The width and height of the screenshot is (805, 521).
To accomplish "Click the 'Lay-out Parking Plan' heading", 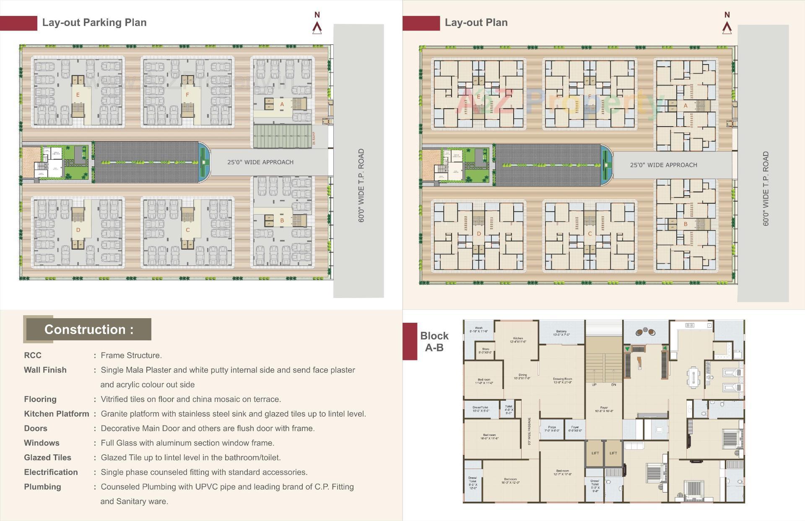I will [x=94, y=23].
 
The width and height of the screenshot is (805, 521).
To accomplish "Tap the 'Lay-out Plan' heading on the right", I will [x=476, y=23].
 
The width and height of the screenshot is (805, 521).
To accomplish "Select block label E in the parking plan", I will [x=78, y=95].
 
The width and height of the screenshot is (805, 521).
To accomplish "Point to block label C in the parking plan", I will [x=187, y=230].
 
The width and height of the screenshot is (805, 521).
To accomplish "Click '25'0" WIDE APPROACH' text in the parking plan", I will [x=260, y=162].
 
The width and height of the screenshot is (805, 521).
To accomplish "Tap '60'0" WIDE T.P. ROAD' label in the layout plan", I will [x=766, y=189].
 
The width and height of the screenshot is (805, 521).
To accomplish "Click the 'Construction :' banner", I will [x=88, y=329].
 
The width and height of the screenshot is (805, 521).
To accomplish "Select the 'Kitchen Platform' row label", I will [x=56, y=414].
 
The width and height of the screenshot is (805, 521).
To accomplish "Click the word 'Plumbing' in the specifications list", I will [x=42, y=487].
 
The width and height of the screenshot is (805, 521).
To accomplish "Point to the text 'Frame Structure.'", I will [x=131, y=355].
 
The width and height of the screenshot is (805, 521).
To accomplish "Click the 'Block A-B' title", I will [x=434, y=342].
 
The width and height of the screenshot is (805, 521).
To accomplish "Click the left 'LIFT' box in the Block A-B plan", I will [x=595, y=453].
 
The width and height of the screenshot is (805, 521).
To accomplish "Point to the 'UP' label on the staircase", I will [x=594, y=385].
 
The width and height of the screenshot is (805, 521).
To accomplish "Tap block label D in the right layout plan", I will [x=478, y=234].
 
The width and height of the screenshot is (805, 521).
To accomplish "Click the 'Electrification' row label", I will [x=51, y=472].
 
